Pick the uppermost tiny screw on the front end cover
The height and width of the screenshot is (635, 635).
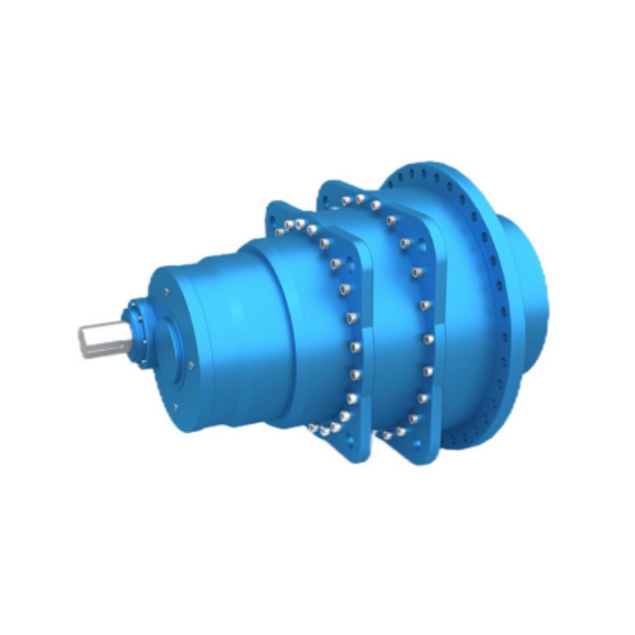[x=166, y=291]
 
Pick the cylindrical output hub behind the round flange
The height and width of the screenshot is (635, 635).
[x=530, y=279]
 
